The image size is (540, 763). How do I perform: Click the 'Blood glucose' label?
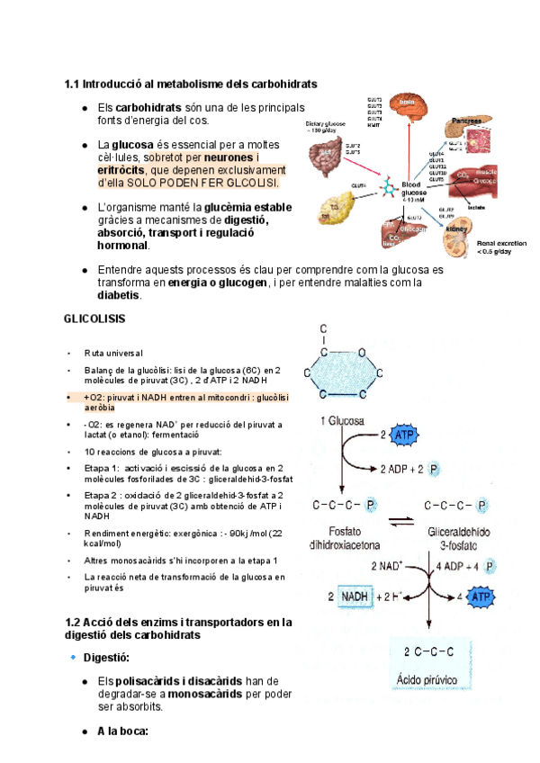click(x=415, y=189)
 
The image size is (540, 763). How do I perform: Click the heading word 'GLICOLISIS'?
click(x=94, y=319)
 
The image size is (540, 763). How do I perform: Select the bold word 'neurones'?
click(x=230, y=157)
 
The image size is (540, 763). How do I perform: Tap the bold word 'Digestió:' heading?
click(x=107, y=659)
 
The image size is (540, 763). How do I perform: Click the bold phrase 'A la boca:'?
click(x=122, y=731)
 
